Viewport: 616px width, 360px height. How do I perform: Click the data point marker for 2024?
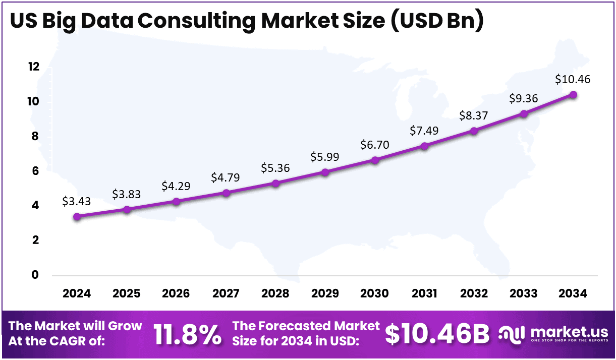click(77, 217)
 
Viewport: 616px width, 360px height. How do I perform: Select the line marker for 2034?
click(573, 95)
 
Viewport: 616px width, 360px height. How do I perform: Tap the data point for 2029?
click(325, 172)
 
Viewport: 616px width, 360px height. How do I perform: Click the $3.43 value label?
click(77, 201)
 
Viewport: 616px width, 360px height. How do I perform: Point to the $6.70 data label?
click(374, 145)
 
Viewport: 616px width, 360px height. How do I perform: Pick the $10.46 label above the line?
click(573, 79)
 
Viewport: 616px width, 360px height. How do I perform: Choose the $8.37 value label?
click(474, 115)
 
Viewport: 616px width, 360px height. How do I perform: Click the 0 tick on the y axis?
click(35, 275)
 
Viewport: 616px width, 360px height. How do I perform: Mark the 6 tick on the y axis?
click(35, 171)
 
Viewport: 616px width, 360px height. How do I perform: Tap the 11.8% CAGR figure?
click(187, 334)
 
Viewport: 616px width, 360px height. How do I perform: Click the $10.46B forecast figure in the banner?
click(437, 334)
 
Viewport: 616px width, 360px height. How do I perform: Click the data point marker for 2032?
click(474, 131)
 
